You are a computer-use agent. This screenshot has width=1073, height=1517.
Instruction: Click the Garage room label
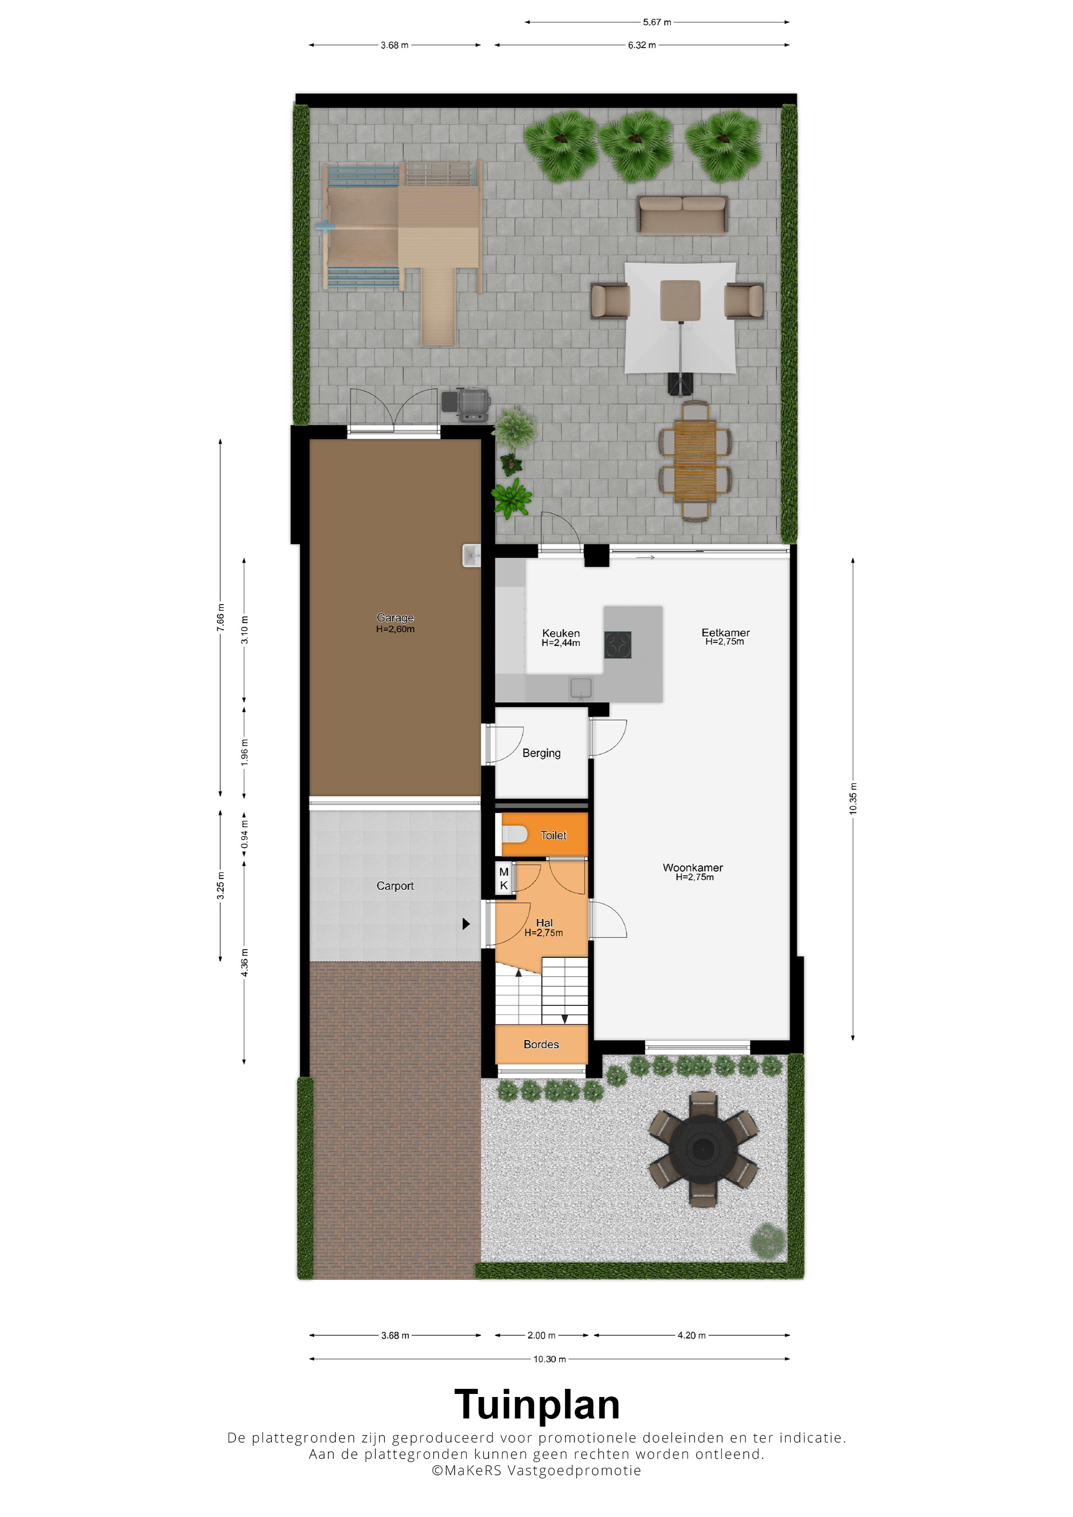(x=395, y=617)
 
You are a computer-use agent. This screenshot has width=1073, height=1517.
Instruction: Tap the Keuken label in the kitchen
(x=561, y=633)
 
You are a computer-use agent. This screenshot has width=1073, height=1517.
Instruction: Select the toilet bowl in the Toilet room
(x=514, y=834)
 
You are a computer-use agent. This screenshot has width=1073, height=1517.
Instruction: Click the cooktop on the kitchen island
(x=618, y=645)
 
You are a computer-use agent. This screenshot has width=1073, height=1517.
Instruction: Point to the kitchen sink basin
(x=581, y=688)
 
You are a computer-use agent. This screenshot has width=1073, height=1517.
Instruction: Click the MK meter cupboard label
(x=504, y=879)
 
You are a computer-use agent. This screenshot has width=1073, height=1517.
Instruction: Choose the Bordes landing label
(x=541, y=1044)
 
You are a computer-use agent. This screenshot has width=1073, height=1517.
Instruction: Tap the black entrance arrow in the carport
(x=466, y=924)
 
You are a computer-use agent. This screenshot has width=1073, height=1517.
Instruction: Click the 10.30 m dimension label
(x=549, y=1359)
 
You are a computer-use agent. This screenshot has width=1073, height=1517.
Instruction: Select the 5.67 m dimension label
(x=657, y=22)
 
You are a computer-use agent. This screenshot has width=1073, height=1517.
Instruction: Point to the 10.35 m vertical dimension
(x=853, y=799)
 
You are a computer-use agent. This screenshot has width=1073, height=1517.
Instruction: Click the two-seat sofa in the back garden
(x=682, y=215)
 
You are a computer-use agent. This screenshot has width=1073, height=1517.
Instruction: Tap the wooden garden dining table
(x=695, y=461)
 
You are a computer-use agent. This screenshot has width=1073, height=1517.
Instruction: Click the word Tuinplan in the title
(x=537, y=1404)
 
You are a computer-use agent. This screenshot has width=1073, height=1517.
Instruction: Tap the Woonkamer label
(x=693, y=868)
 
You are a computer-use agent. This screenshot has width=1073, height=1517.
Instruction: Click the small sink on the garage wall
(x=472, y=556)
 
